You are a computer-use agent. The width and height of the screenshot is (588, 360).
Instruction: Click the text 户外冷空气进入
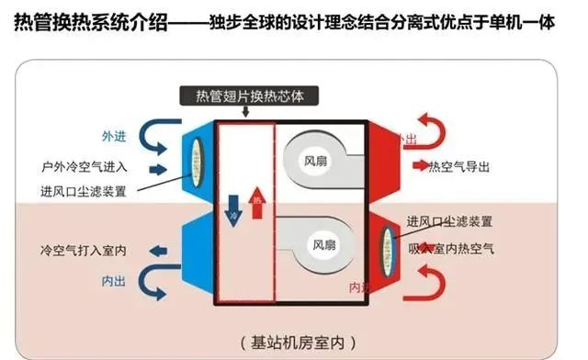(84, 169)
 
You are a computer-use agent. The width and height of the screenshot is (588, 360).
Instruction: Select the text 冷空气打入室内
(84, 250)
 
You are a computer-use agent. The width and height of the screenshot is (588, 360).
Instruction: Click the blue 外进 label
(113, 135)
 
